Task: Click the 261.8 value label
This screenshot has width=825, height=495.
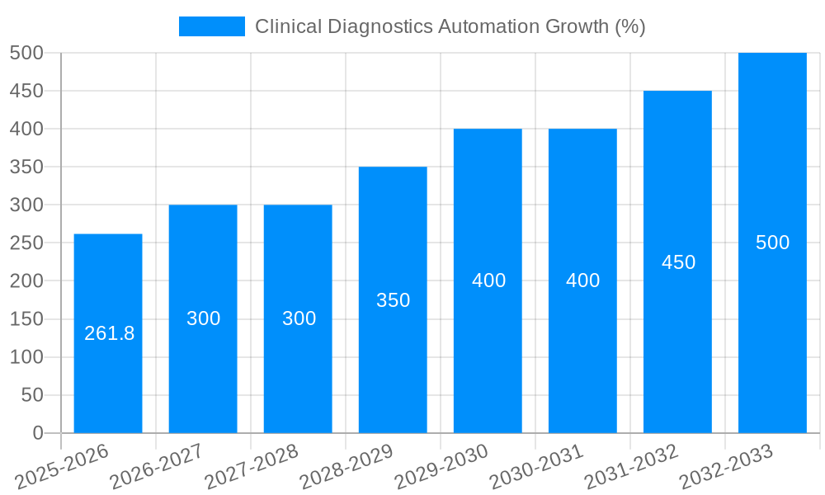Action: click(x=109, y=333)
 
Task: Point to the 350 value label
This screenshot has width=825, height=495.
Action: click(x=393, y=300)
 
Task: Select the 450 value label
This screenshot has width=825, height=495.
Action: click(x=678, y=262)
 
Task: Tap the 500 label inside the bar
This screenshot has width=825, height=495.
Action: click(x=772, y=243)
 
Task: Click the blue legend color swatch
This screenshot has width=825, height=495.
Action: click(x=212, y=26)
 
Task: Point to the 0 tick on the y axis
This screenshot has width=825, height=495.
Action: click(x=37, y=433)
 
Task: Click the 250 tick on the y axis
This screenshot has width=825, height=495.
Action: click(x=26, y=243)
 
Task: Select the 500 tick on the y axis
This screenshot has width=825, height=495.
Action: click(x=26, y=53)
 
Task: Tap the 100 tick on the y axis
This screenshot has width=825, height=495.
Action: click(x=26, y=357)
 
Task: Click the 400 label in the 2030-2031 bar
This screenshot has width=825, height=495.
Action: click(x=582, y=280)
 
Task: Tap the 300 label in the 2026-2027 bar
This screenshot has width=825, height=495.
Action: click(x=203, y=318)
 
